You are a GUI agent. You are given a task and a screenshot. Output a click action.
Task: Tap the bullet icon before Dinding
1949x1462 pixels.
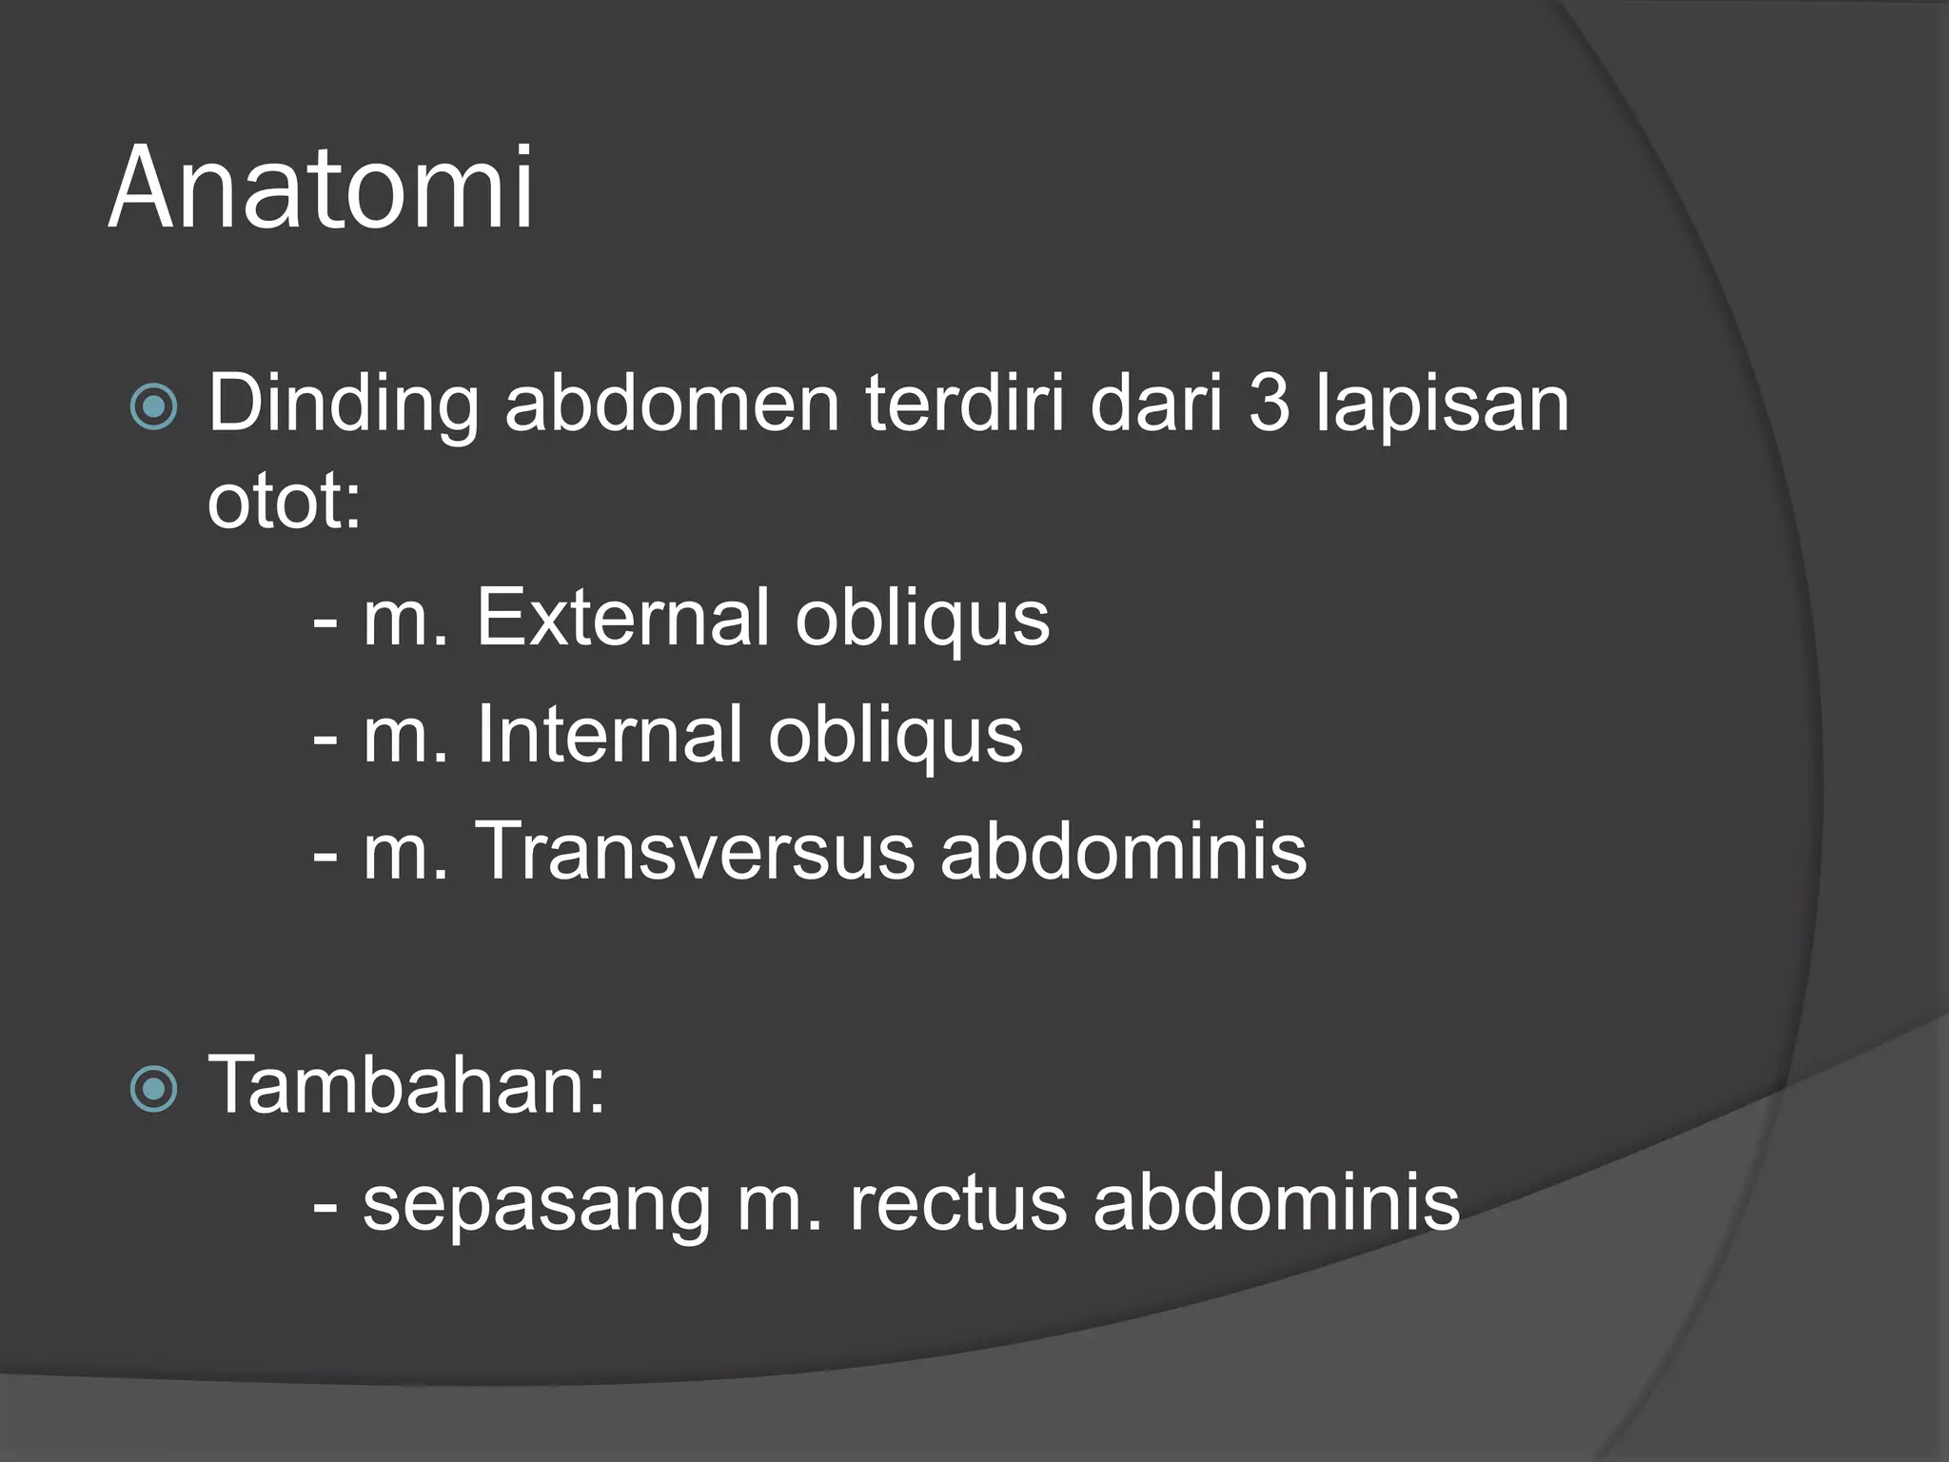coord(153,407)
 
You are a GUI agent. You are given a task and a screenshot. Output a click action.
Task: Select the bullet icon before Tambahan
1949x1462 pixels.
coord(153,1089)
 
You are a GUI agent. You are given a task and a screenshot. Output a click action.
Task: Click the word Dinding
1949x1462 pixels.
coord(343,405)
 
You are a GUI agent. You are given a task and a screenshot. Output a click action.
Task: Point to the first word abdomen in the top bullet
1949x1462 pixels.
coord(672,405)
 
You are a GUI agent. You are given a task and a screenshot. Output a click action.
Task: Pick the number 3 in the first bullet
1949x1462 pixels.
coord(1269,405)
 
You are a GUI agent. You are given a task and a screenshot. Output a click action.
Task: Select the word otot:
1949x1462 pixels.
coord(285,502)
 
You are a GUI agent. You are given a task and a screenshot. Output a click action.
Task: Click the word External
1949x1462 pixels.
coord(622,618)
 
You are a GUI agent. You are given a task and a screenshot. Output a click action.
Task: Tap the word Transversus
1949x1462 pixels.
coord(695,851)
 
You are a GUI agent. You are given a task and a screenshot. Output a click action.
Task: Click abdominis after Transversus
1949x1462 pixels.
coord(1123,851)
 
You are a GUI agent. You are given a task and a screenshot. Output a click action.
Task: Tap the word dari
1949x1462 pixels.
coord(1155,405)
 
